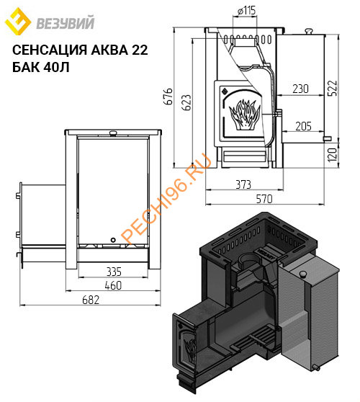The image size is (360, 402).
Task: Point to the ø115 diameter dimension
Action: click(247, 11)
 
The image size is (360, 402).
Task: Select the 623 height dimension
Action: click(188, 102)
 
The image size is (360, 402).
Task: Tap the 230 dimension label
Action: click(302, 89)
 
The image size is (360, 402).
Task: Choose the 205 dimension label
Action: click(303, 126)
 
